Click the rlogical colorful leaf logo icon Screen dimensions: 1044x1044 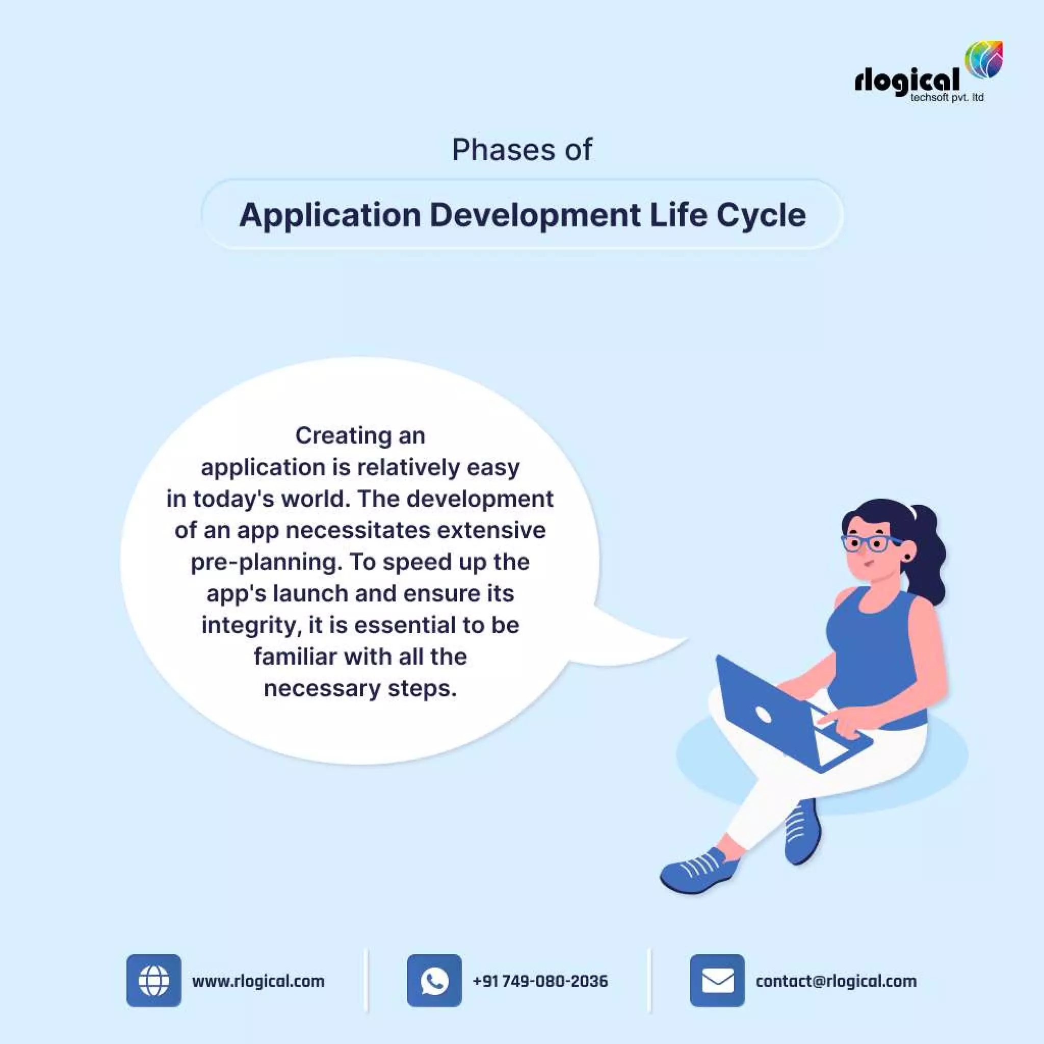coord(983,60)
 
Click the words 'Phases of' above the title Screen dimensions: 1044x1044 coord(522,150)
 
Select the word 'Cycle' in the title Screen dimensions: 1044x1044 coord(761,215)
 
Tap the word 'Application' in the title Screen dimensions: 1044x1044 coord(330,216)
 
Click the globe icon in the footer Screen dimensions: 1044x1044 coord(154,981)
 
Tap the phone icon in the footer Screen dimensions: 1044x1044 coord(434,981)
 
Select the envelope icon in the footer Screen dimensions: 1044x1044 coord(717,981)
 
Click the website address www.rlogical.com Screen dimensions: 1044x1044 coord(258,981)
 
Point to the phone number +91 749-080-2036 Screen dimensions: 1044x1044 coord(540,981)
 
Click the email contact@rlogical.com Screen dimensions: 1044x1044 coord(836,981)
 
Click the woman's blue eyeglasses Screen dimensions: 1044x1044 coord(871,543)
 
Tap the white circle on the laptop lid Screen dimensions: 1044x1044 coord(764,715)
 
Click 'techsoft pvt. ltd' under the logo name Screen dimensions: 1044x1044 coord(947,98)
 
